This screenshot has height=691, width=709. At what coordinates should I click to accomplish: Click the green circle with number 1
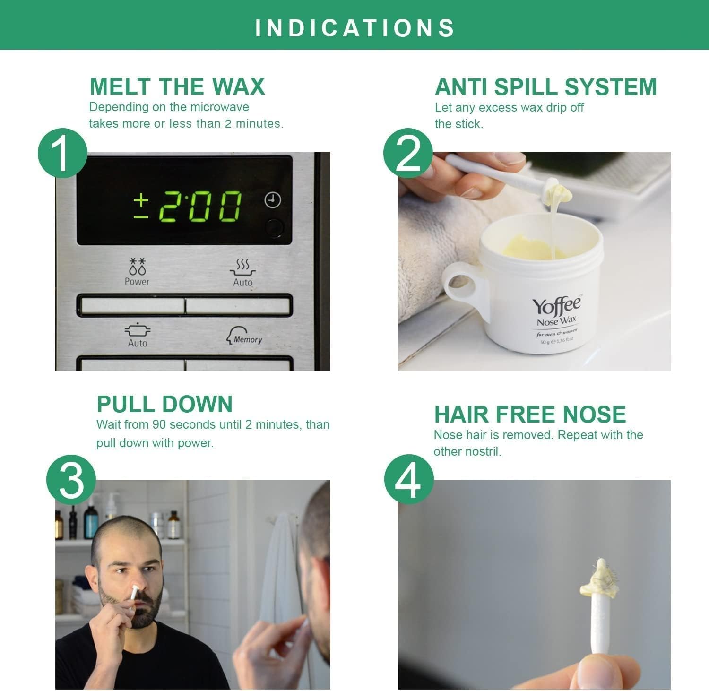point(62,153)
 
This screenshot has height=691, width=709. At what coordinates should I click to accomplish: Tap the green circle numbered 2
point(408,153)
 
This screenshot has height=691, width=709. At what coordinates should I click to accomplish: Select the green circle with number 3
point(71,480)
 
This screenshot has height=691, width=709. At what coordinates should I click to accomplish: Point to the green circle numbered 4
point(408,480)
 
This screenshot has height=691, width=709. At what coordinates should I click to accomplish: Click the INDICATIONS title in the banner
point(355,28)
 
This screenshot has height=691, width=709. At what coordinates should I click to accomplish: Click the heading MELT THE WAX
point(177,86)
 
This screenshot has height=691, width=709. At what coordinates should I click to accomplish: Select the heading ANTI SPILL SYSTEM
point(546,87)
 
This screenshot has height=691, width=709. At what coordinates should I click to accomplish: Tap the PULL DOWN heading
point(164,404)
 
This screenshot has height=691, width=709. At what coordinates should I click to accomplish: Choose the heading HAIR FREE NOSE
point(530,415)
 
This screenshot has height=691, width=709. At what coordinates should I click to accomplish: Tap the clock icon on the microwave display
point(272,200)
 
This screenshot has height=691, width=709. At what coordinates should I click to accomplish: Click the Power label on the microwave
point(137,281)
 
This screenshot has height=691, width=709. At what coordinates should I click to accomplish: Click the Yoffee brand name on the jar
point(556,306)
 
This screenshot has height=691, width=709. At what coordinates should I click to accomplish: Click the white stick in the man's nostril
point(134,592)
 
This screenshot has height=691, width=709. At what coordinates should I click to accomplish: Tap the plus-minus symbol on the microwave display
point(141,207)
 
